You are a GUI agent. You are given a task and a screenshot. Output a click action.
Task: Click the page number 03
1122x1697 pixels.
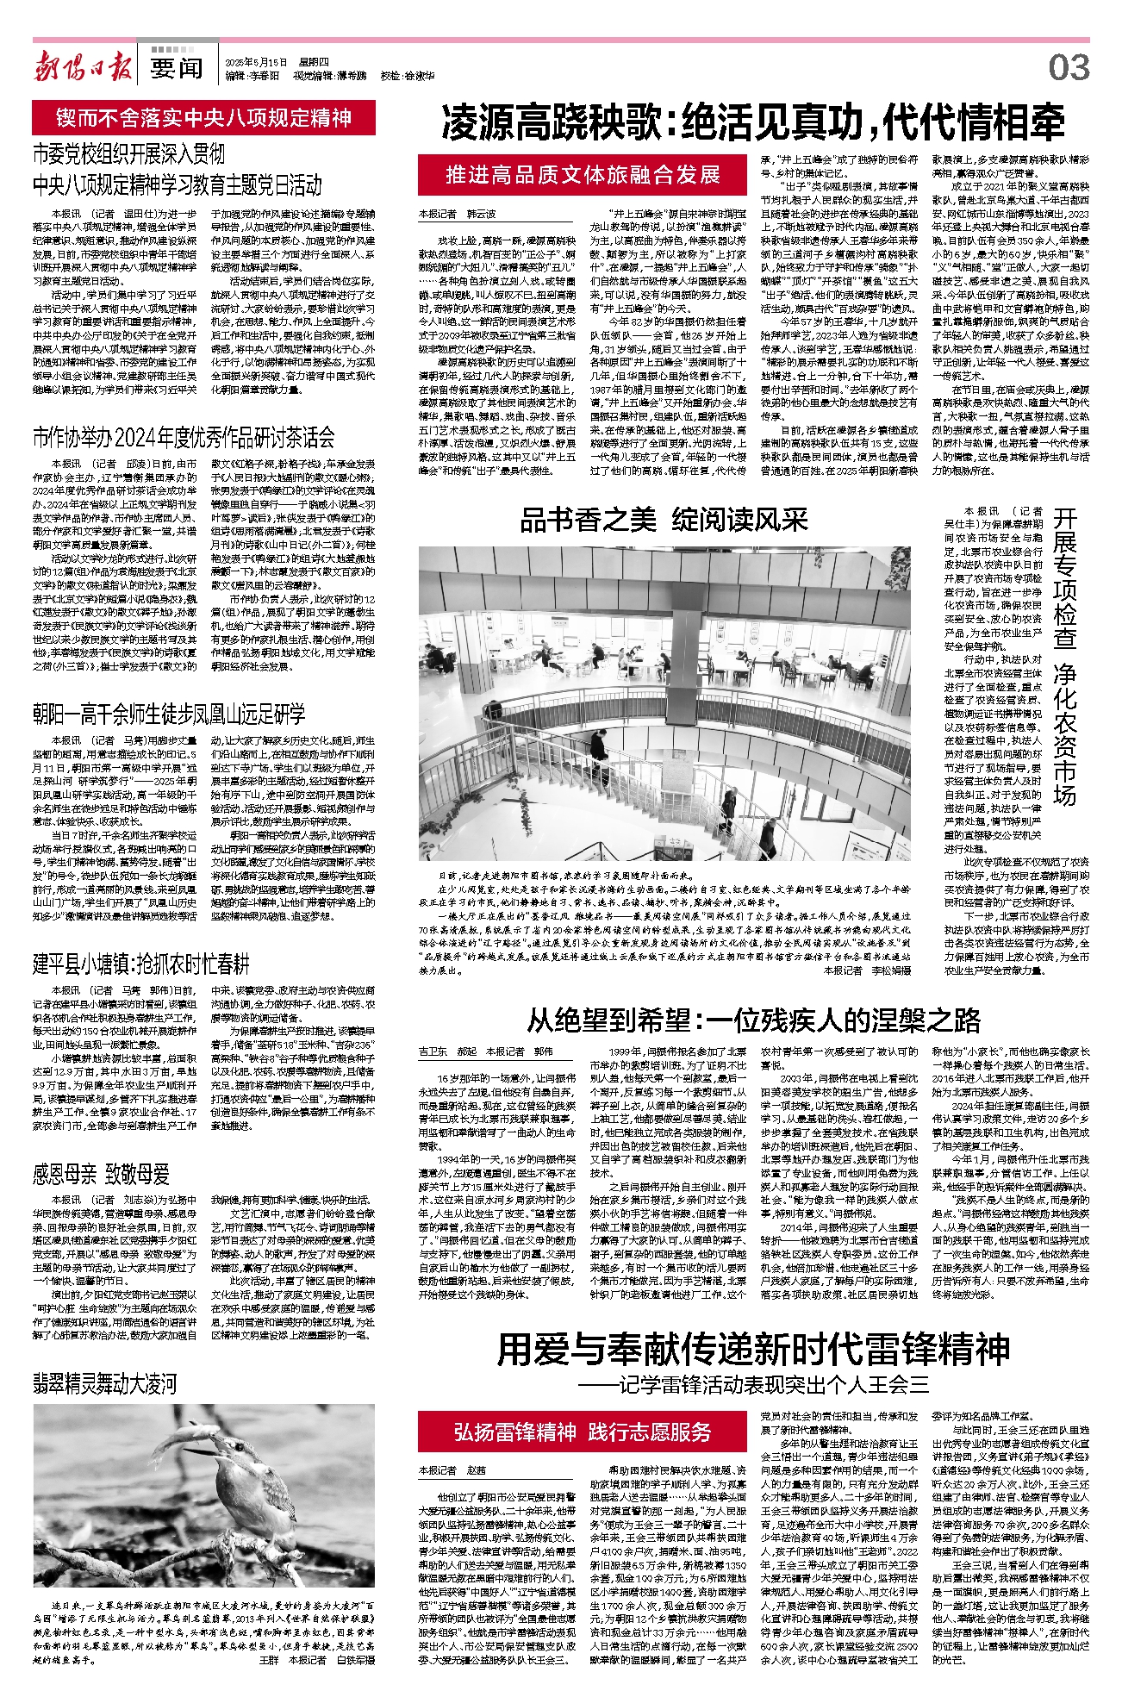coord(1069,67)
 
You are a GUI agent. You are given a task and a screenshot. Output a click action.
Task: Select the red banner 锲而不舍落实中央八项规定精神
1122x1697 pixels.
coord(204,118)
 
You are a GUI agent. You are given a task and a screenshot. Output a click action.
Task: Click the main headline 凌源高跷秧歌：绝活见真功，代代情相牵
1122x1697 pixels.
coord(752,123)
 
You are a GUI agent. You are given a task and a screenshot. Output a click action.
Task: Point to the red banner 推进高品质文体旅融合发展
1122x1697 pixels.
coord(583,175)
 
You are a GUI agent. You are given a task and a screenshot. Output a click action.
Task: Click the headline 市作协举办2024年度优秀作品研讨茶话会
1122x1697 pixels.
coord(184,438)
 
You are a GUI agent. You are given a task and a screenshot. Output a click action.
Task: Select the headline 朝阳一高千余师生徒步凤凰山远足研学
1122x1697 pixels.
coord(169,714)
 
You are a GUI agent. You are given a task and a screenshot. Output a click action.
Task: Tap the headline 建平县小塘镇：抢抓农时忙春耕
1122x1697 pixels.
coord(140,964)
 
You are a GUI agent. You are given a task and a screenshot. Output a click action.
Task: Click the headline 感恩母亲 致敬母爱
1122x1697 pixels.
coord(101,1174)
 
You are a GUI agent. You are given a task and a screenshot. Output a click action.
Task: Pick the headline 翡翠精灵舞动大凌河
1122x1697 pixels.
coord(104,1384)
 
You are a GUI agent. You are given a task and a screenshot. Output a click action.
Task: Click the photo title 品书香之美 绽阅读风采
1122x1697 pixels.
coord(664,520)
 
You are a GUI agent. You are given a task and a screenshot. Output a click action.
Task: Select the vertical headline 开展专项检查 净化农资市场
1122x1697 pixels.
coord(1064,655)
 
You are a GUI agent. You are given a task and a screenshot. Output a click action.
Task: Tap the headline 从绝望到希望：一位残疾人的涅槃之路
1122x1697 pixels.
coord(753,1020)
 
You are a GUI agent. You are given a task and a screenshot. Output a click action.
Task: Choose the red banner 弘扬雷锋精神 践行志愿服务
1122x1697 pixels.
coord(583,1432)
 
